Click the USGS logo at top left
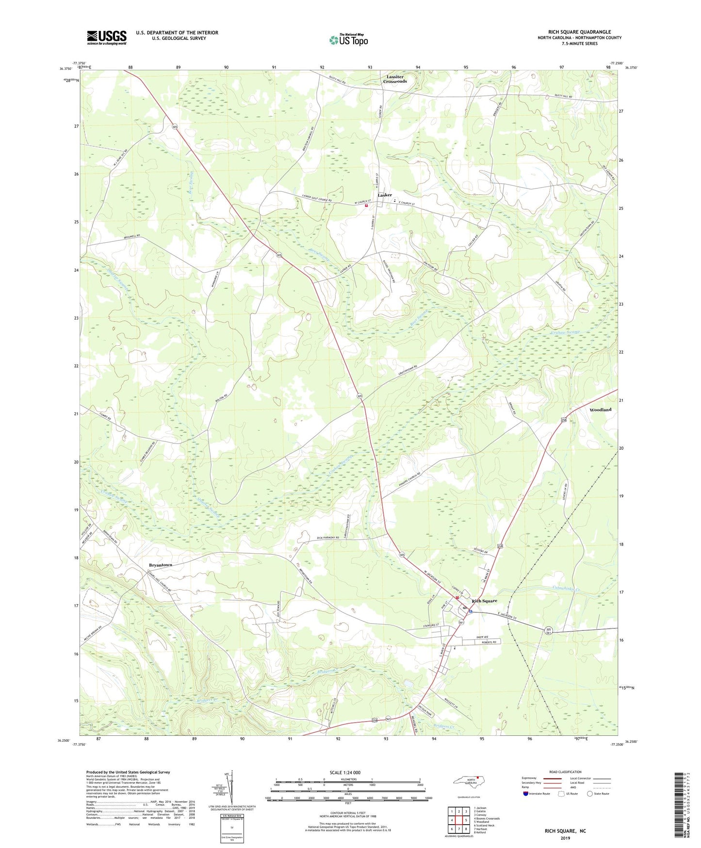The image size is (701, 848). tap(106, 37)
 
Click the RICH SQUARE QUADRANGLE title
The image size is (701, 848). tap(579, 32)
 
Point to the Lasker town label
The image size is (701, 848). tap(385, 195)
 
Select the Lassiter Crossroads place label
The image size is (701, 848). tap(395, 79)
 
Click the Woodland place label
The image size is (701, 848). tap(600, 410)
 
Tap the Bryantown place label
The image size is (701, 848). tap(160, 565)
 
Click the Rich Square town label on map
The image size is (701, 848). tap(484, 601)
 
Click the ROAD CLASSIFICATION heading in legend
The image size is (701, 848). tap(565, 772)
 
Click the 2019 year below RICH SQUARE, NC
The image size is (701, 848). tap(565, 838)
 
